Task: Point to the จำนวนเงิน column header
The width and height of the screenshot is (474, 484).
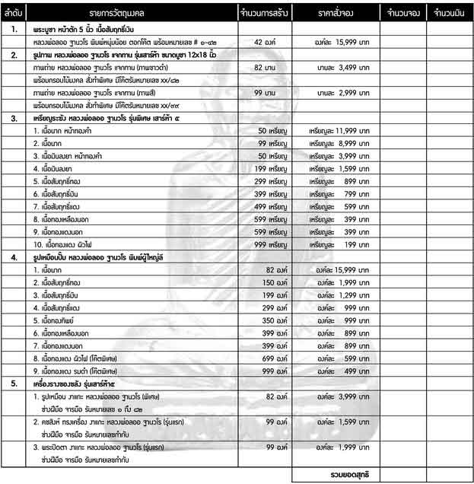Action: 447,14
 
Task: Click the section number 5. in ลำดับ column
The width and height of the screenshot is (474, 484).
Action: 14,383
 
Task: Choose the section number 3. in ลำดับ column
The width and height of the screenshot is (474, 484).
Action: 14,119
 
